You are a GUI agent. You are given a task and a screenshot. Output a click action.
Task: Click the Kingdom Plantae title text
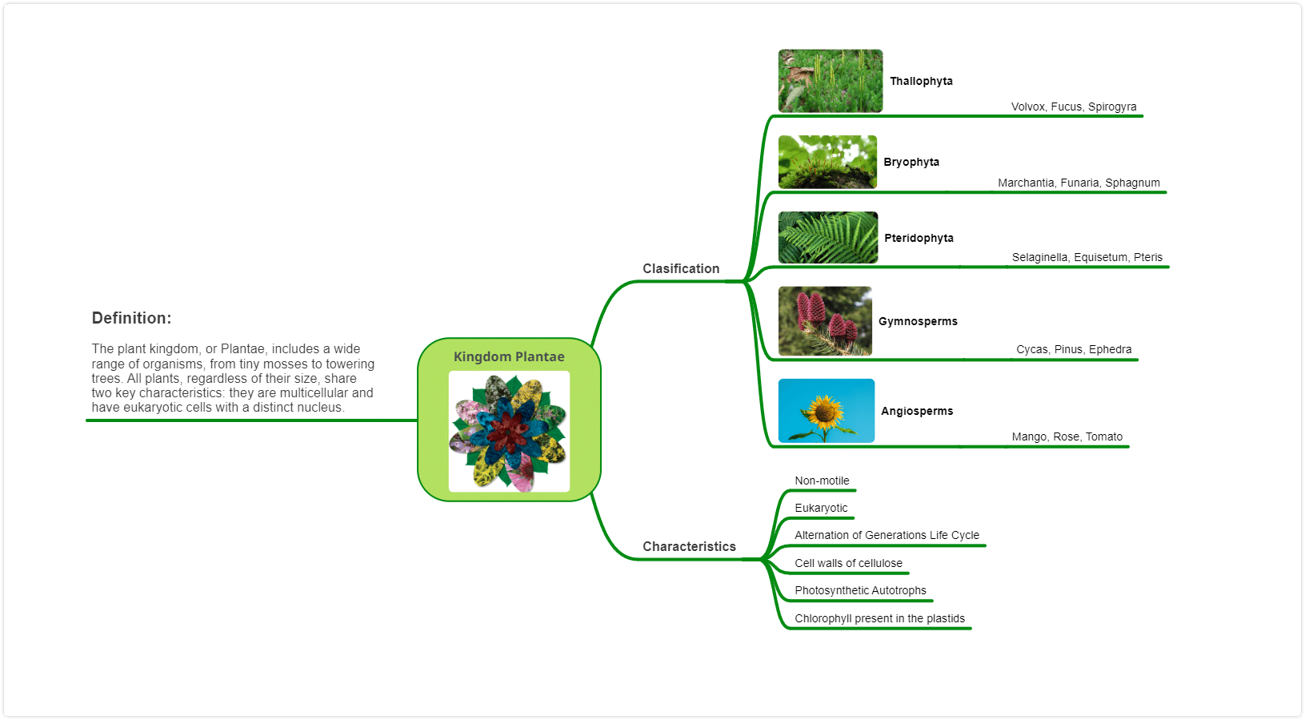click(509, 356)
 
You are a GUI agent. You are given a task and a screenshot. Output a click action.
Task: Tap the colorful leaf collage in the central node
click(509, 432)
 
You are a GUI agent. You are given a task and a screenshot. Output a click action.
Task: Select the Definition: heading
click(132, 318)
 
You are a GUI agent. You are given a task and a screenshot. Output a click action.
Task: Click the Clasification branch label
click(681, 269)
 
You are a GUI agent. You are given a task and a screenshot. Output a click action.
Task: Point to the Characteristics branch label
click(689, 546)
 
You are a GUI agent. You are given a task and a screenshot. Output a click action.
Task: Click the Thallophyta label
click(921, 81)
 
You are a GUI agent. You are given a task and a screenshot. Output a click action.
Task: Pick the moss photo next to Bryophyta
click(827, 162)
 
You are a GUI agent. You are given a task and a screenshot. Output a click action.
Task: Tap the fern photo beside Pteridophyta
click(828, 237)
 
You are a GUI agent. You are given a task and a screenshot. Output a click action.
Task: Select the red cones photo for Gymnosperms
click(825, 320)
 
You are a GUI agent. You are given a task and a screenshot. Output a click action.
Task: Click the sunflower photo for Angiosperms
click(826, 410)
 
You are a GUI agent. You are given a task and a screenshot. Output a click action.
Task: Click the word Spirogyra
click(1112, 107)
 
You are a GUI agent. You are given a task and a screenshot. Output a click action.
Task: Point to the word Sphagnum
click(1132, 183)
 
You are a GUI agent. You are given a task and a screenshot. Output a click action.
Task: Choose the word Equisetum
click(1100, 257)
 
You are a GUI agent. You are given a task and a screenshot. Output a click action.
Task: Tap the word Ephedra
click(1110, 349)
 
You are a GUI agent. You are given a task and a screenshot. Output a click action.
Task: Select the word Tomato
click(1104, 436)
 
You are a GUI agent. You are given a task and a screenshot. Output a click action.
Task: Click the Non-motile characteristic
click(822, 481)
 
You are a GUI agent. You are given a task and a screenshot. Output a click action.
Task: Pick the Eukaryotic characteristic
click(821, 508)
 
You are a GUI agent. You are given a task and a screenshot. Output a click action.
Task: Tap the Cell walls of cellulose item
click(848, 563)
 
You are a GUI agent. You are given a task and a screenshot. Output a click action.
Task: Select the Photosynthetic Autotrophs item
click(860, 590)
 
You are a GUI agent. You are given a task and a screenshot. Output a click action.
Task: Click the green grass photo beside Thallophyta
click(831, 80)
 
